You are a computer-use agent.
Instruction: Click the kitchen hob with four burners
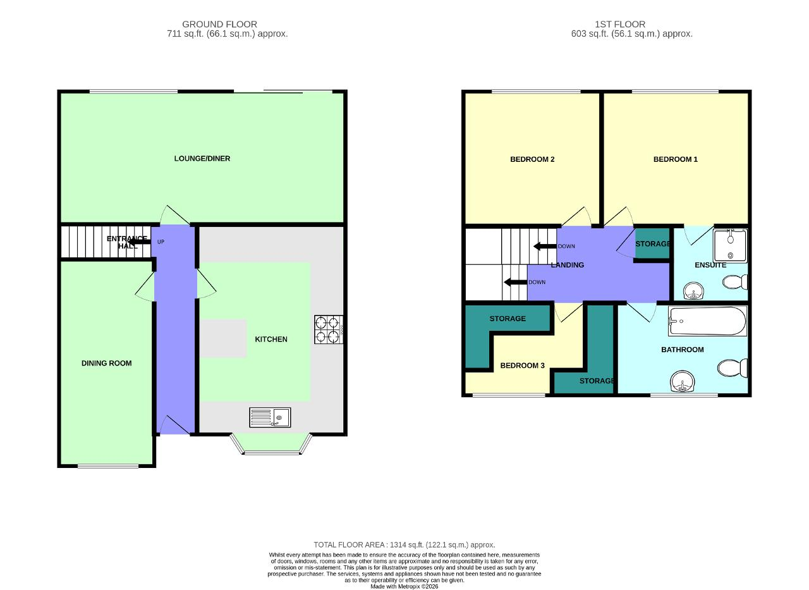click(329, 329)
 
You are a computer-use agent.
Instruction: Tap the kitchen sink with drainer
click(270, 417)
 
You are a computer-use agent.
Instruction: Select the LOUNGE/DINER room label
click(202, 159)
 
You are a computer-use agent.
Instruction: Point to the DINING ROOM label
click(107, 363)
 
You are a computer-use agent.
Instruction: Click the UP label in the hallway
click(161, 242)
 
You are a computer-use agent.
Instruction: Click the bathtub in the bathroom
click(707, 321)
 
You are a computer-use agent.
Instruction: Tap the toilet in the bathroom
click(732, 368)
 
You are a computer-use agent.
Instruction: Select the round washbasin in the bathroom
click(682, 381)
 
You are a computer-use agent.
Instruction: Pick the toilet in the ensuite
click(735, 282)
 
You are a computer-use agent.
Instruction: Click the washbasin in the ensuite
click(694, 291)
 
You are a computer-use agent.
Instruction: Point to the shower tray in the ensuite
click(730, 246)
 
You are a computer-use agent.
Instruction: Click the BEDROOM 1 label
click(676, 159)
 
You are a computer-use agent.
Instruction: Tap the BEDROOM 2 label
click(532, 159)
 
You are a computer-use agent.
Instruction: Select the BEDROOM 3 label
click(522, 366)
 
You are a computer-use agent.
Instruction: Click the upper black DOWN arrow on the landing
click(545, 247)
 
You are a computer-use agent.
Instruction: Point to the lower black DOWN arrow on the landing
click(515, 282)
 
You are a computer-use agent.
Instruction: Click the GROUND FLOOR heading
click(219, 24)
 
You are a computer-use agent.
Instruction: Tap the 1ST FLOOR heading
click(620, 24)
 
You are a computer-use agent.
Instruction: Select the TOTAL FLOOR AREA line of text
click(404, 545)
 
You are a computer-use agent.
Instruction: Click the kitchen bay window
click(271, 444)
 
